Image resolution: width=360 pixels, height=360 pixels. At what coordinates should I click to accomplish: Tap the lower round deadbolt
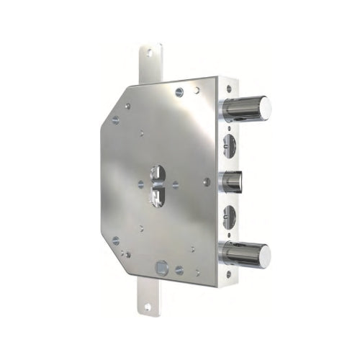point(245,254)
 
